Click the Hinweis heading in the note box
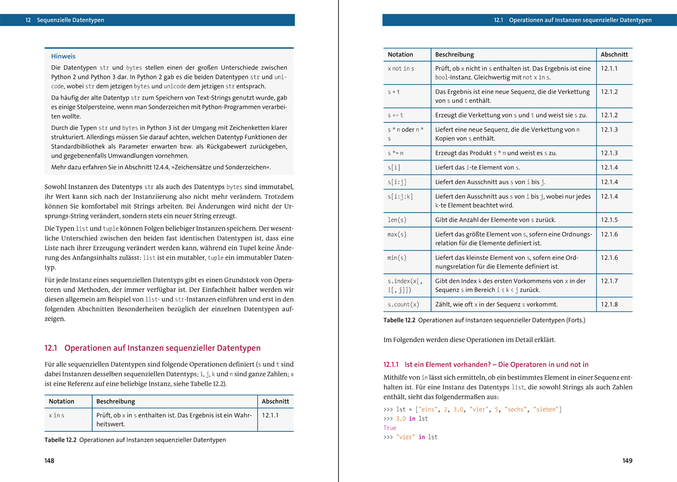(x=63, y=56)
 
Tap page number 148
(x=50, y=460)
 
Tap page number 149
(x=627, y=460)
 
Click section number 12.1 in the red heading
(x=50, y=348)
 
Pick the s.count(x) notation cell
(x=403, y=304)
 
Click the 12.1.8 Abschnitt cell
(x=609, y=304)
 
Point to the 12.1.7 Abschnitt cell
(x=609, y=281)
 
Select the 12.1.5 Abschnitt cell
(x=609, y=220)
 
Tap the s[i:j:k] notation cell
(x=400, y=196)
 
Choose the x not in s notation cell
(x=401, y=69)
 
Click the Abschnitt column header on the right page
(x=614, y=55)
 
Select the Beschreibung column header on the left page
(x=116, y=401)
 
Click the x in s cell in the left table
(x=57, y=416)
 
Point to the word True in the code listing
(x=390, y=428)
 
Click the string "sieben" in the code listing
(x=546, y=409)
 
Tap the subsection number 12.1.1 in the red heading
(x=391, y=364)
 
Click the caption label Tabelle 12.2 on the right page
(x=399, y=320)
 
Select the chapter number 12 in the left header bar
(x=28, y=20)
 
